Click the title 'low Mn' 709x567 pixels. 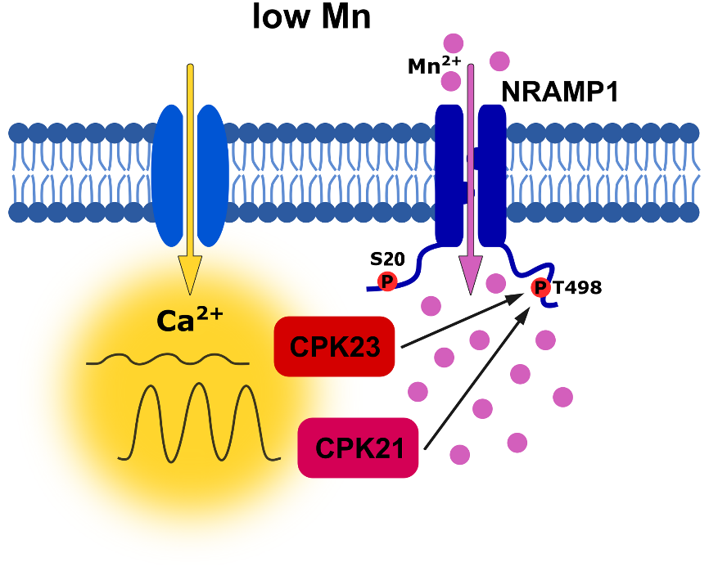pos(312,17)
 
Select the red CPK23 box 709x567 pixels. pos(336,347)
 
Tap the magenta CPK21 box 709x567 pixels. pos(359,448)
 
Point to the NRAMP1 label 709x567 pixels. pos(559,92)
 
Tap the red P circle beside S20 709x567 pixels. pos(386,282)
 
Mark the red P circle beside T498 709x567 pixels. pos(540,288)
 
